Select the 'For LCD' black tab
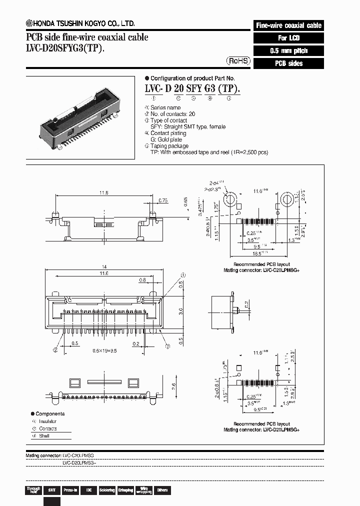(288, 38)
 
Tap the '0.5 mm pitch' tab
(288, 51)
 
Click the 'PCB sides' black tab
(288, 63)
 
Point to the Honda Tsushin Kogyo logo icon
(29, 23)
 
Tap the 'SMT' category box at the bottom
(52, 490)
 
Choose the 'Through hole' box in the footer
(33, 490)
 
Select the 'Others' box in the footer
(162, 490)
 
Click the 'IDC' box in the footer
(88, 490)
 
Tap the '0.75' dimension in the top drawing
(162, 200)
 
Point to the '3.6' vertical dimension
(181, 311)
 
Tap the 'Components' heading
(50, 414)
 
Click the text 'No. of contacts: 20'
(166, 114)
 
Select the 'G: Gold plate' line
(166, 139)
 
